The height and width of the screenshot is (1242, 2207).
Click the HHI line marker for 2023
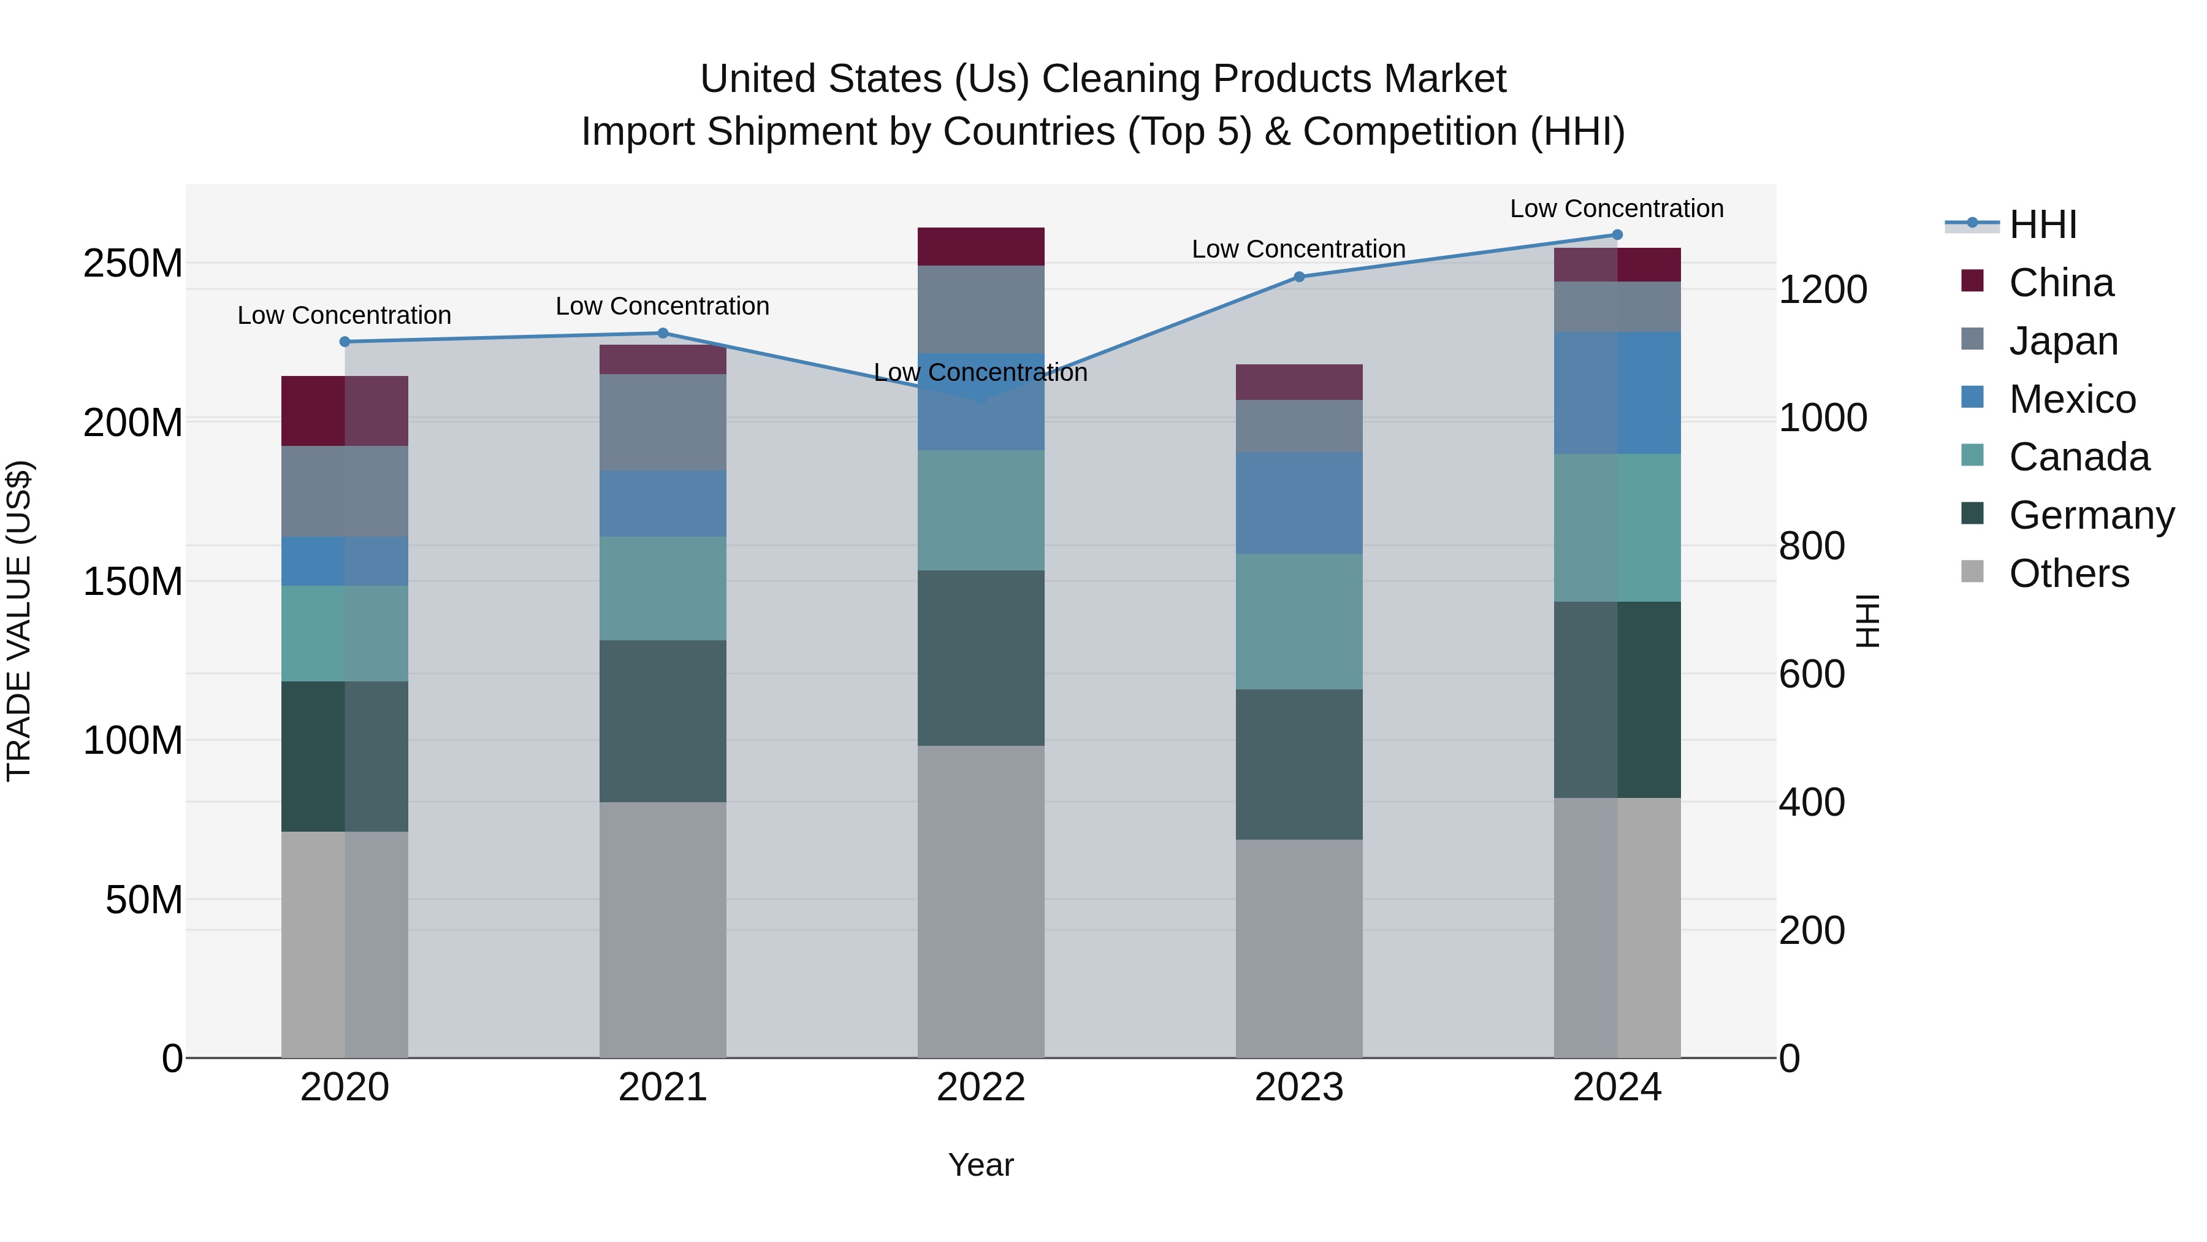(1299, 277)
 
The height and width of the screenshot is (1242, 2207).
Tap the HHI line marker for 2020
(345, 341)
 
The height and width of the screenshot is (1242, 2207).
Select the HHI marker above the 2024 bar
(1617, 235)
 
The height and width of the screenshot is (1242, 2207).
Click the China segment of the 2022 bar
(981, 247)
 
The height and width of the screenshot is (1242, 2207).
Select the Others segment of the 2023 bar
(1299, 948)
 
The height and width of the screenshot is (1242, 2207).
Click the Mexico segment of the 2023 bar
(1299, 503)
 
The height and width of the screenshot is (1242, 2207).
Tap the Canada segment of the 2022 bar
(981, 510)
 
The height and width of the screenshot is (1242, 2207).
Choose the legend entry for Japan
(2062, 341)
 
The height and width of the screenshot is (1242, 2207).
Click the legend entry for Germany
(2091, 515)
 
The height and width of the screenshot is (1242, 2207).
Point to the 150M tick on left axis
(133, 582)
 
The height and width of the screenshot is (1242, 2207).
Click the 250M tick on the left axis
(133, 263)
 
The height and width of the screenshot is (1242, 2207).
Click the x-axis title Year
(981, 1165)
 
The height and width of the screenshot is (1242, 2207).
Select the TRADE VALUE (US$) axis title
(20, 621)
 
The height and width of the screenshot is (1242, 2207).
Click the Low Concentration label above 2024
(1616, 209)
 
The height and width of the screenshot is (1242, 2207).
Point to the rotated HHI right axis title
(1868, 621)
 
